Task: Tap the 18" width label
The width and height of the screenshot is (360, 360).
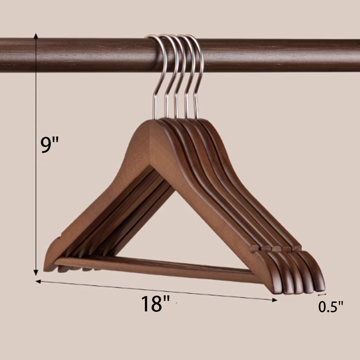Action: pos(155,303)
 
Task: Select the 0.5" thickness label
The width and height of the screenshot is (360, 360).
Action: pos(330,306)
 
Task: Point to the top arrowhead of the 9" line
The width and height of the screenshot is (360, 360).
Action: pos(36,36)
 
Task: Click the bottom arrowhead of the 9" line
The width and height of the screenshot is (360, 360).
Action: pos(36,272)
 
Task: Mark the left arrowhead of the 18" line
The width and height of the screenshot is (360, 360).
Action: pos(38,281)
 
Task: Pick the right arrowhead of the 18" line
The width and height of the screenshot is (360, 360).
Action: pos(274,300)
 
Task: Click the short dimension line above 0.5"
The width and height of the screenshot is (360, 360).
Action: pos(322,294)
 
